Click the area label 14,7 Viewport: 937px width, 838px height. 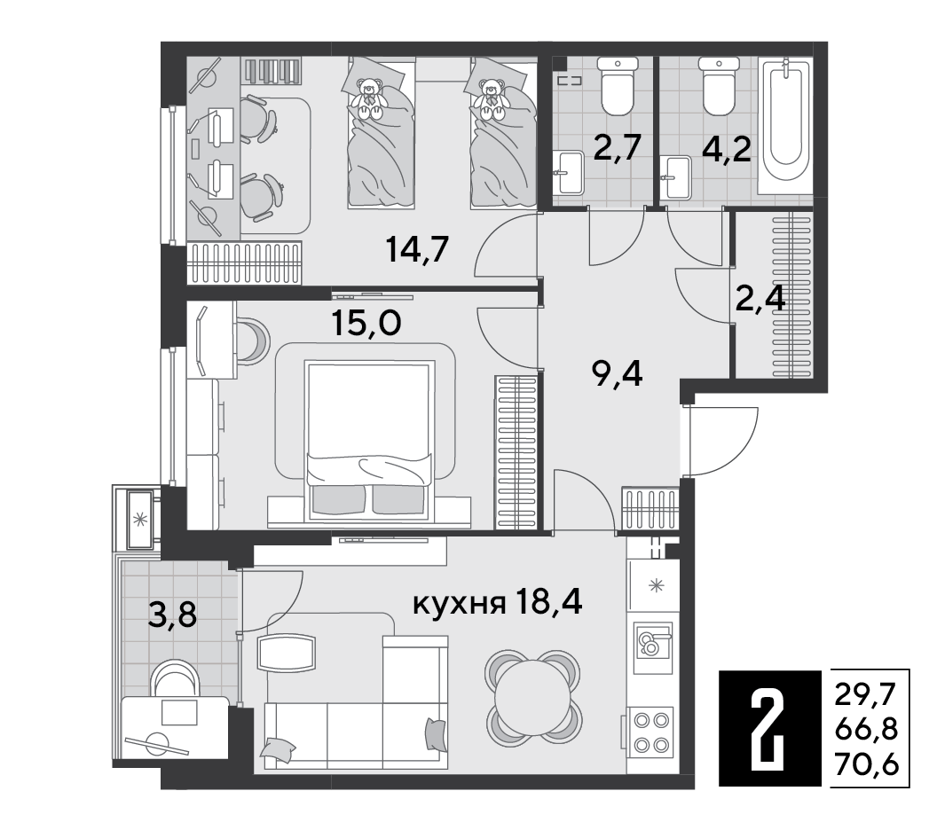tap(417, 249)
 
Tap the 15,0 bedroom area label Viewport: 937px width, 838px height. tap(366, 323)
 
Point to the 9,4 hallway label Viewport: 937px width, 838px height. tap(617, 375)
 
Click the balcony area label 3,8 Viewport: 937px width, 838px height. tap(173, 614)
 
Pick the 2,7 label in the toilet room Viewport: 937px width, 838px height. tap(617, 147)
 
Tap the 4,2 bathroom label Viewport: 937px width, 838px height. tap(726, 149)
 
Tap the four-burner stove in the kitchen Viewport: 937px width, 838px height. tap(650, 732)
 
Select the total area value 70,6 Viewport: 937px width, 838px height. tap(867, 765)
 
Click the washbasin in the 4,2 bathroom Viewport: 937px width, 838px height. tap(677, 176)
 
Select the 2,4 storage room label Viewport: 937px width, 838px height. tap(760, 299)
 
